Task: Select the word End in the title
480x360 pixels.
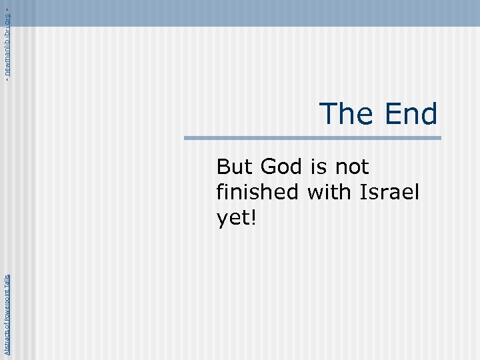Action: (410, 113)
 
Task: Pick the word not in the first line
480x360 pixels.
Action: (353, 166)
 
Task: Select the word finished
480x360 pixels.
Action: (259, 192)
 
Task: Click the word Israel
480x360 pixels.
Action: (389, 192)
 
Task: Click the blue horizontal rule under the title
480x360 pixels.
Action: (313, 139)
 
